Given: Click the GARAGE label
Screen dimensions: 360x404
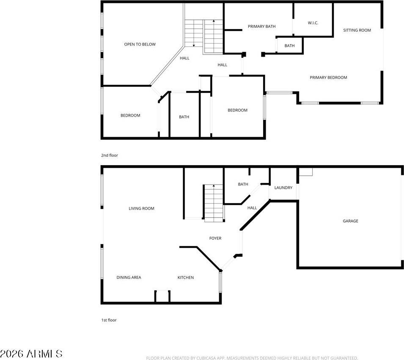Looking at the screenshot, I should point(350,221).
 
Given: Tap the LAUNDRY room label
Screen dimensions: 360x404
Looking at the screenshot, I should point(283,188).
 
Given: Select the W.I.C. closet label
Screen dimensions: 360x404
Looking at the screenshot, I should point(313,23).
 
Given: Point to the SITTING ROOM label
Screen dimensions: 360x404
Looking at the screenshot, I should point(357,30).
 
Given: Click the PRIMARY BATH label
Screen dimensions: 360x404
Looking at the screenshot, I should point(261,27).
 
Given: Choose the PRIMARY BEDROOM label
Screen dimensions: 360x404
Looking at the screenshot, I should point(328,78).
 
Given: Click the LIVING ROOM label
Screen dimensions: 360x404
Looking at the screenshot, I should point(141,208).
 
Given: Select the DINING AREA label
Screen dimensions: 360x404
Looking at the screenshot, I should point(129,278).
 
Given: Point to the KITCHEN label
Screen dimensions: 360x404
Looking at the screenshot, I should point(185,278).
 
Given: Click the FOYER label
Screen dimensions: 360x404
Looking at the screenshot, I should point(215,238).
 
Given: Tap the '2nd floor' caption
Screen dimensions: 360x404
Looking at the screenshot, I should point(110,155).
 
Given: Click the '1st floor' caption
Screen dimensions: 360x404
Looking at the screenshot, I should point(109,320).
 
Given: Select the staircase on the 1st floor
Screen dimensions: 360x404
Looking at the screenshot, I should point(213,203).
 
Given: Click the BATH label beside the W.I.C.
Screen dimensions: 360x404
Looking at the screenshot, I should point(289,46).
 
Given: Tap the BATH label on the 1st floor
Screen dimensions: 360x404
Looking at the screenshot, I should point(243,184).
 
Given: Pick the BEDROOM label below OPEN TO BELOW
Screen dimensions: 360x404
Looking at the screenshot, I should point(130,115).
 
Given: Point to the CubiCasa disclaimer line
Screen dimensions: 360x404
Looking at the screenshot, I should point(252,358).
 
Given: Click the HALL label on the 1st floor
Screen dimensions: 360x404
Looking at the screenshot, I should point(252,208).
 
